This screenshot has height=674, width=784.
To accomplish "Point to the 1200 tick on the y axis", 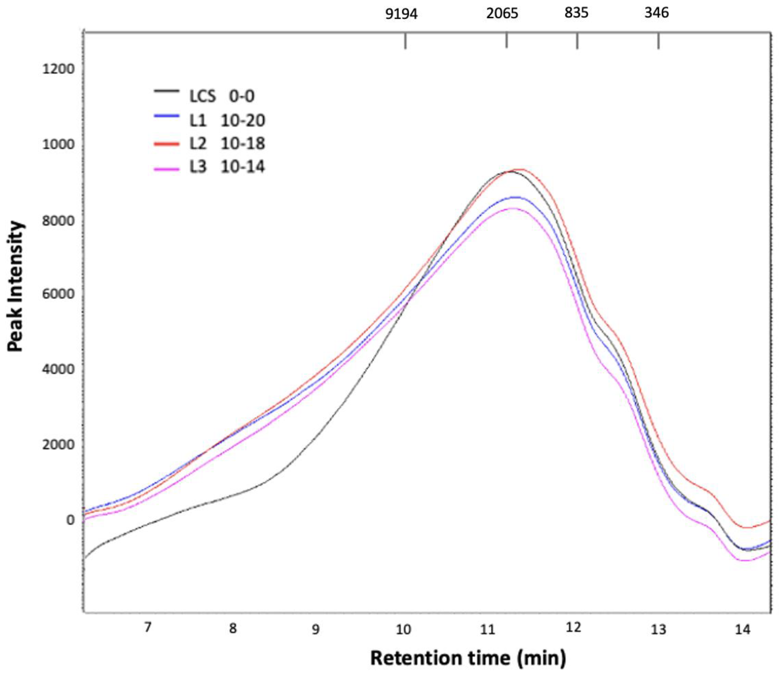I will point(58,70).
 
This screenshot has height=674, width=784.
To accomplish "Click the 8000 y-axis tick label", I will point(58,221).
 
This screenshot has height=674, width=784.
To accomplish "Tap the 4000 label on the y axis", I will point(58,369).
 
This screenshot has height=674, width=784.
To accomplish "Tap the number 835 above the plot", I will point(576,13).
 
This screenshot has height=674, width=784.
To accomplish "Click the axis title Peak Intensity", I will point(16,287).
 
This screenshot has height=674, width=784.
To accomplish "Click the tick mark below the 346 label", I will point(658,41).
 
